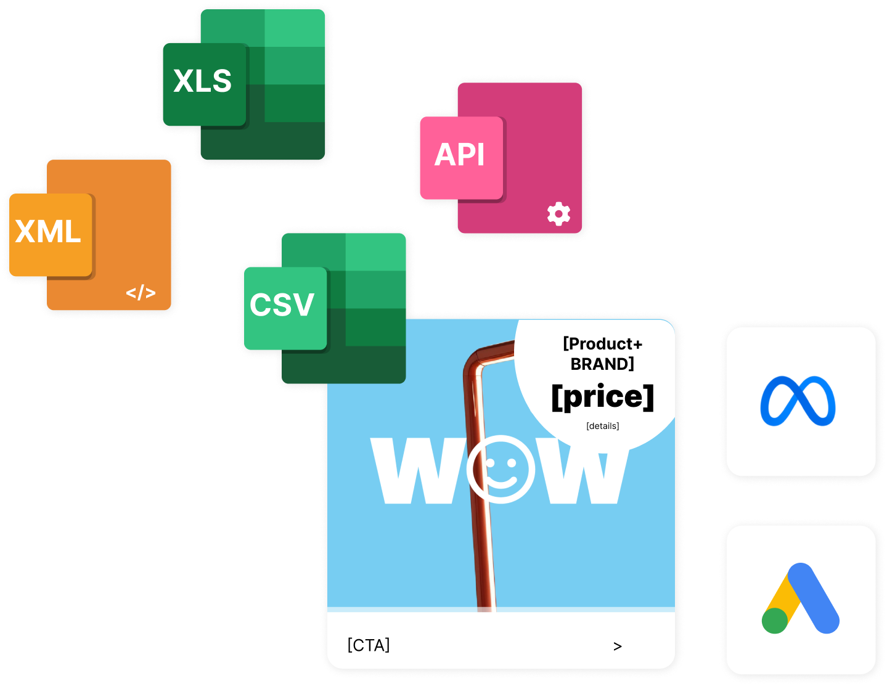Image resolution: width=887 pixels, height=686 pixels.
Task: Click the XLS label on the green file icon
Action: (203, 81)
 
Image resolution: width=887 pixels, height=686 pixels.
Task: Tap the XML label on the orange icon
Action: (48, 232)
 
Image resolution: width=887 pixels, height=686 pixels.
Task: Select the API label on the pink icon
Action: (460, 155)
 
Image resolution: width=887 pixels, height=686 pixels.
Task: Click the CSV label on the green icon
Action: (282, 305)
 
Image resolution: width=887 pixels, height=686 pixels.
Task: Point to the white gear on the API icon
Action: (558, 214)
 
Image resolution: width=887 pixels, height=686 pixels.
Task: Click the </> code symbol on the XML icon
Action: (141, 293)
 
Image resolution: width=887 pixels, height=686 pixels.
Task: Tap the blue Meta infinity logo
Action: (798, 401)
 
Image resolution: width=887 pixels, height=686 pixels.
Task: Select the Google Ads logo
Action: (801, 599)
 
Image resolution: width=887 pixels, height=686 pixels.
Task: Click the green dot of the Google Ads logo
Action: (775, 621)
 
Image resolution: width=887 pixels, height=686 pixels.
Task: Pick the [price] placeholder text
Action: (602, 397)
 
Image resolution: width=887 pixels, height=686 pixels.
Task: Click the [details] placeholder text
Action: (602, 426)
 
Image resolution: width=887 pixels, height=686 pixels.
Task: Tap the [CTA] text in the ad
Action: (369, 645)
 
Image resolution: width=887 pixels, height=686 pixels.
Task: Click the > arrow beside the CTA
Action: (618, 646)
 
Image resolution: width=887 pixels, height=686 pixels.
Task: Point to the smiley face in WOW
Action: (500, 470)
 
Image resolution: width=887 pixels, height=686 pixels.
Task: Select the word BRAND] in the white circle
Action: (602, 364)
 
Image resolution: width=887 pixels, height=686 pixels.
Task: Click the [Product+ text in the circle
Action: (602, 344)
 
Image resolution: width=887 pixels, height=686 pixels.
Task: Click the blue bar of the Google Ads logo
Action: (814, 598)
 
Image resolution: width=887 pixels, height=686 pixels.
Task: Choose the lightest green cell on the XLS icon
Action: (295, 28)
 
